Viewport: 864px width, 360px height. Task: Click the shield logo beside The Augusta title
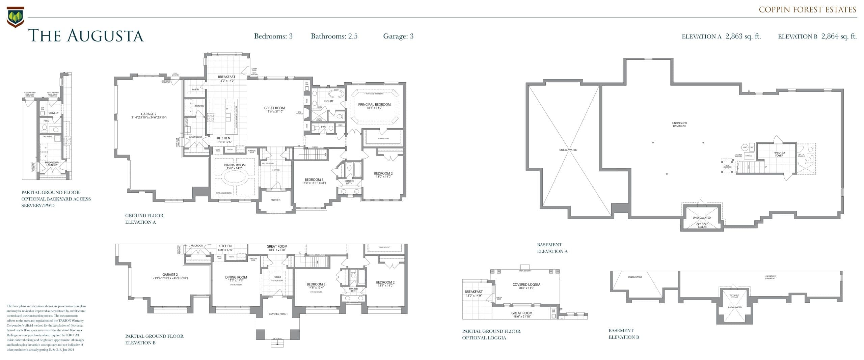point(15,17)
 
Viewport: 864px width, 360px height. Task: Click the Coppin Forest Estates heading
point(807,10)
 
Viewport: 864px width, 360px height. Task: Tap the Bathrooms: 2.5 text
point(334,36)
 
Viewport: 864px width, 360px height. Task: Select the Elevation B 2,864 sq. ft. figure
point(817,36)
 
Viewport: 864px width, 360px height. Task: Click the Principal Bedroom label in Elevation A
point(374,106)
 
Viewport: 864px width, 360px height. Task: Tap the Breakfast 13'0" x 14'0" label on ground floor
point(226,79)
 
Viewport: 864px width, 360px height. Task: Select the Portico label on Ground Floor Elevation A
point(275,200)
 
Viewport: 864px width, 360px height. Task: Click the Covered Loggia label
point(526,286)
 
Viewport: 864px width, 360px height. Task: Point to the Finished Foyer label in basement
point(779,154)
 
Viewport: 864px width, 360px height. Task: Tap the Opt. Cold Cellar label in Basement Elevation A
point(702,225)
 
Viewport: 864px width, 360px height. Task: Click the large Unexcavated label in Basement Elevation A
point(568,150)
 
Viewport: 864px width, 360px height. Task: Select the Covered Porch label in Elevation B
point(278,314)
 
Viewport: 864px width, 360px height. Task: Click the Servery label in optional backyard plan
point(53,113)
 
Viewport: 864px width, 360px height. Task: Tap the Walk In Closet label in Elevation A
point(383,138)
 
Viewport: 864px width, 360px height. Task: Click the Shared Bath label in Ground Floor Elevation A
point(349,183)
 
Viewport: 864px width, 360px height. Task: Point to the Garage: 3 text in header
point(398,36)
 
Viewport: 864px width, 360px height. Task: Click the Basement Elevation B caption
point(624,334)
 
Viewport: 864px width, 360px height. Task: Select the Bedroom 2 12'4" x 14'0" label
point(385,284)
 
